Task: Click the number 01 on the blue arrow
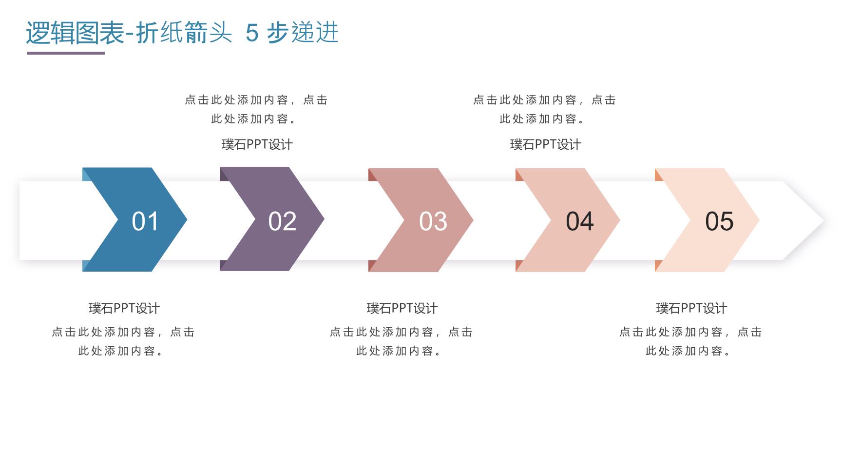[x=145, y=221]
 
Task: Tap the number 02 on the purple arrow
[x=282, y=221]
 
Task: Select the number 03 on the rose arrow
[x=433, y=221]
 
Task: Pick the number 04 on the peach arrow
[x=580, y=221]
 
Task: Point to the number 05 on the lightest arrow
[x=719, y=221]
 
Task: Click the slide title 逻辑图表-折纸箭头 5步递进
[x=182, y=33]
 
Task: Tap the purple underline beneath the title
[x=66, y=53]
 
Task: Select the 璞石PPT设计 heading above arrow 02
[x=257, y=144]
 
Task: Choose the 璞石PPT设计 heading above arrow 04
[x=546, y=144]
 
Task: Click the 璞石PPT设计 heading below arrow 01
[x=124, y=308]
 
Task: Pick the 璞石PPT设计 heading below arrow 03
[x=402, y=308]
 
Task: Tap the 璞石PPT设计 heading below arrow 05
[x=691, y=308]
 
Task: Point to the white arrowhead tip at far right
[x=823, y=220]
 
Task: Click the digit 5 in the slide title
[x=252, y=33]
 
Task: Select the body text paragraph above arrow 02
[x=256, y=109]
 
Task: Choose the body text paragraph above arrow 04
[x=545, y=109]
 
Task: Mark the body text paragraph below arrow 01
[x=123, y=341]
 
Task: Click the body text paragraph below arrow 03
[x=402, y=341]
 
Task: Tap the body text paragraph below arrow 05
[x=690, y=341]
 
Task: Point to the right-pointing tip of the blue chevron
[x=187, y=219]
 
